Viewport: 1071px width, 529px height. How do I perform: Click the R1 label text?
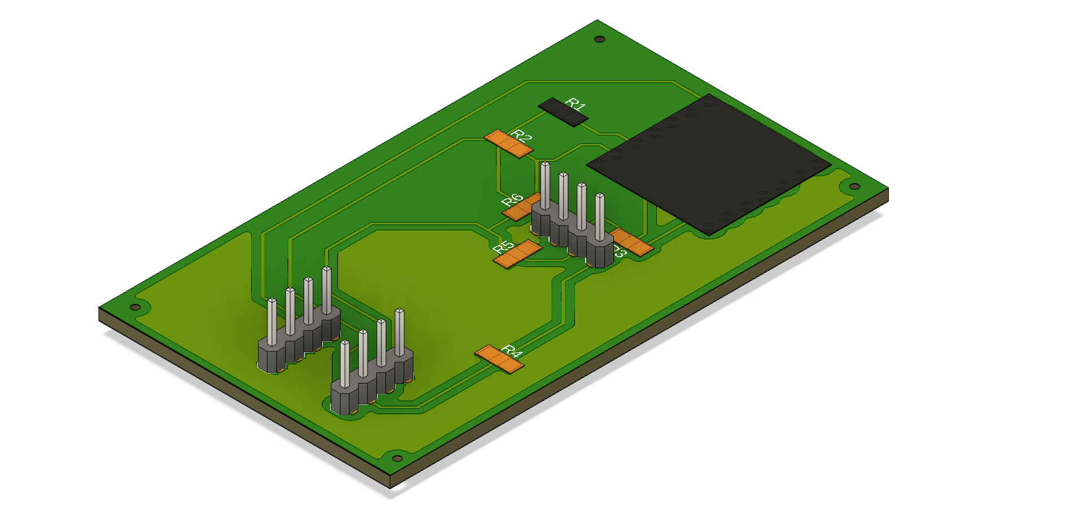[x=576, y=104]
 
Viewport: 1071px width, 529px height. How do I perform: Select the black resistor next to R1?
[x=563, y=112]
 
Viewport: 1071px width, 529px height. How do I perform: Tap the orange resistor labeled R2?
[x=508, y=144]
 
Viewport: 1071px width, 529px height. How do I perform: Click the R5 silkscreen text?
[x=503, y=246]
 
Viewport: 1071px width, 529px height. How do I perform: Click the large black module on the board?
[x=709, y=164]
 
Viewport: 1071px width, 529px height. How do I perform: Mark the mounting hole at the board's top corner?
[x=600, y=39]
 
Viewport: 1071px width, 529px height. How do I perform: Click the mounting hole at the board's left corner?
[x=135, y=307]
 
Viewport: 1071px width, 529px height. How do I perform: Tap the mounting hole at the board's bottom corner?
[x=397, y=459]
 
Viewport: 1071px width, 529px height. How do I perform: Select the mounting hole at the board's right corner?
[x=854, y=187]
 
